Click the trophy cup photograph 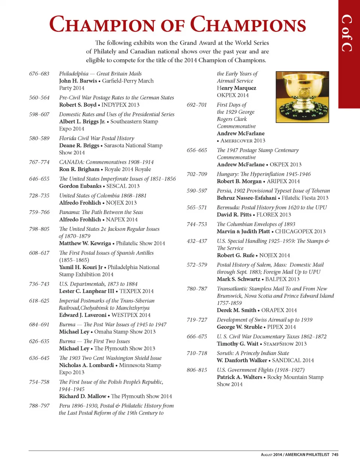click(302, 97)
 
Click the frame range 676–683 click(39, 74)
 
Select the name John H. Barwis click(78, 81)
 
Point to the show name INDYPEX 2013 click(120, 105)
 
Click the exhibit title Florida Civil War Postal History click(96, 138)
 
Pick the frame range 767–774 click(39, 162)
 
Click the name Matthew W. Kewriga click(85, 243)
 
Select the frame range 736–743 click(39, 284)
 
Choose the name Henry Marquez click(237, 88)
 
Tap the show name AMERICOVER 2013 click(243, 141)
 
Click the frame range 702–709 click(197, 174)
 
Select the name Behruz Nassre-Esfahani click(246, 198)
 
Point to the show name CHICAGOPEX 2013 click(300, 232)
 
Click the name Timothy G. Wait click(237, 344)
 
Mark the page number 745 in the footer click(335, 454)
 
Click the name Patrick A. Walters click(239, 377)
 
